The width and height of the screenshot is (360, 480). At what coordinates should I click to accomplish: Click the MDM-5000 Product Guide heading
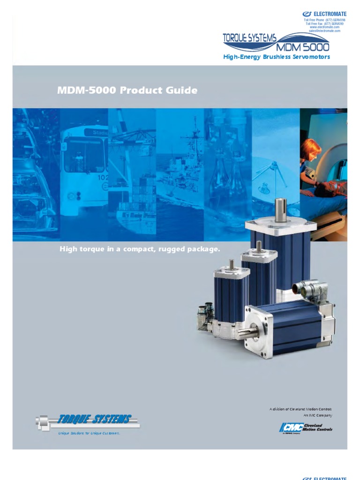tap(127, 90)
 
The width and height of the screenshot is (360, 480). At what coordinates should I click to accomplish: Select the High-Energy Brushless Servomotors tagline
tap(277, 57)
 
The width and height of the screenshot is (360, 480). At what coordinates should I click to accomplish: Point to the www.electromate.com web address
tap(324, 27)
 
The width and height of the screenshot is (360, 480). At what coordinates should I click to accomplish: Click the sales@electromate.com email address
tap(324, 31)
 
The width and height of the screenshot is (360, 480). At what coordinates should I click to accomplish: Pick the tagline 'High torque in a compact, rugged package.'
tap(140, 249)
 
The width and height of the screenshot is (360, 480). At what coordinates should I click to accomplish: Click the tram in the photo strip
tap(83, 164)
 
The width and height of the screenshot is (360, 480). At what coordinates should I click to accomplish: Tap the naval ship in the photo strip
tap(180, 178)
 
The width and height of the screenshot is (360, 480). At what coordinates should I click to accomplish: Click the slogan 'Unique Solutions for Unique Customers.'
tap(89, 434)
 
